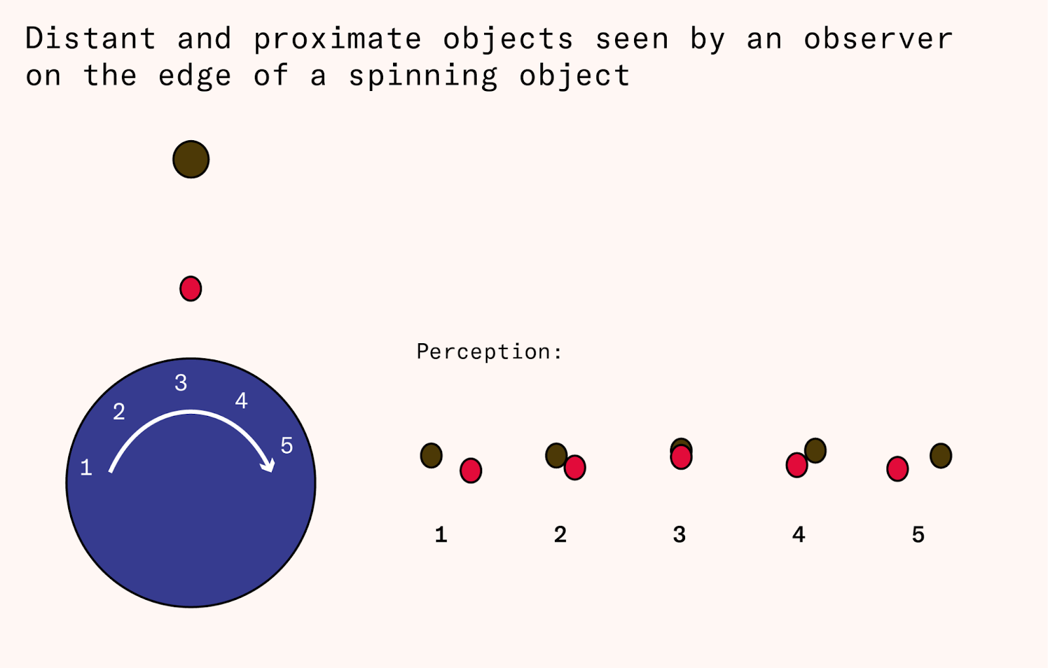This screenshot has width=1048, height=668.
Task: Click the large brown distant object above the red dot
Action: click(191, 159)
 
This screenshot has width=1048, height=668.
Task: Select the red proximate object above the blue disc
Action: click(191, 289)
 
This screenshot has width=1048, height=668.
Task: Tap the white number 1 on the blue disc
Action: click(86, 468)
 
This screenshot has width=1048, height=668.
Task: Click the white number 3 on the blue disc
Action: click(181, 382)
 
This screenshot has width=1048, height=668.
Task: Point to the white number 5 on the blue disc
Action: click(287, 445)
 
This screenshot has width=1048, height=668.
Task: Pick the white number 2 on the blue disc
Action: click(119, 412)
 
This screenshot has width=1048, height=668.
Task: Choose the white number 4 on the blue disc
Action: click(242, 400)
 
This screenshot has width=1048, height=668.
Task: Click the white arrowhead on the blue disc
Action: click(269, 465)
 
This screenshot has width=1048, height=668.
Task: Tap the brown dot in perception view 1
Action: click(432, 456)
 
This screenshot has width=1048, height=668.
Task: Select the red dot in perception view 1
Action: click(471, 470)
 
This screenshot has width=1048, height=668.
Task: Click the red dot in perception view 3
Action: click(681, 457)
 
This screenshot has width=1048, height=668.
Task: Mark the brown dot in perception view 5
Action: click(941, 456)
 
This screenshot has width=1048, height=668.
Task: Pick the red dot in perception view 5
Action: click(897, 469)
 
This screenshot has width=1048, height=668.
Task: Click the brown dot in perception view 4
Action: click(815, 451)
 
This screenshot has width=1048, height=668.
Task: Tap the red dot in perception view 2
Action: click(575, 468)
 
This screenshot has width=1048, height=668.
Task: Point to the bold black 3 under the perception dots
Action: click(679, 534)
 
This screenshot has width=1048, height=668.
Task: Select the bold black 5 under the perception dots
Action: click(918, 534)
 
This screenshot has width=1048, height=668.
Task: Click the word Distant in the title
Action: click(90, 38)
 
